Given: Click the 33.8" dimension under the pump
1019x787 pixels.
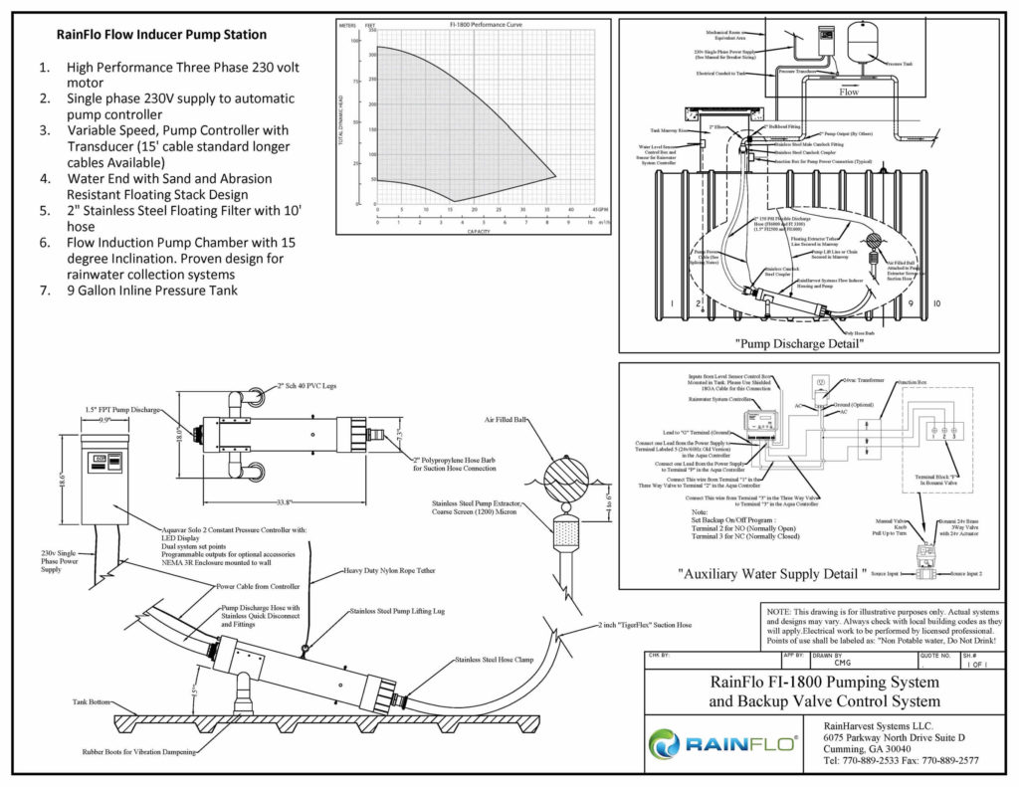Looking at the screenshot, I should [x=261, y=502].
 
